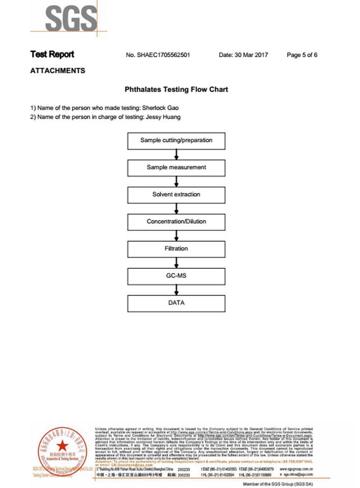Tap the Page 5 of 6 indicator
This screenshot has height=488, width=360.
click(x=302, y=55)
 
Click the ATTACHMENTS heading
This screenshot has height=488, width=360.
click(x=58, y=71)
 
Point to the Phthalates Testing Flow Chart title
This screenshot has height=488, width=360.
click(x=176, y=90)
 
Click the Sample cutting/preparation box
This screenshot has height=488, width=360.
click(x=176, y=140)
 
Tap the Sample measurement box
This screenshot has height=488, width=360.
click(x=176, y=167)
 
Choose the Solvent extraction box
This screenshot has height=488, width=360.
click(x=176, y=194)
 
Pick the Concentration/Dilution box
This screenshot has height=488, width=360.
click(x=176, y=222)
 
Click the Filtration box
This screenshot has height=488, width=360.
click(x=176, y=249)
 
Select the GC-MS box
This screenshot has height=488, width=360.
click(x=176, y=276)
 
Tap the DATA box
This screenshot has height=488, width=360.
click(x=176, y=303)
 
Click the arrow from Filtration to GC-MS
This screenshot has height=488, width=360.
click(x=176, y=262)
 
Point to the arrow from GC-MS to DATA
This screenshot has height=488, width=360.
click(x=176, y=289)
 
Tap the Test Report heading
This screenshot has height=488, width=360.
click(x=52, y=54)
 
